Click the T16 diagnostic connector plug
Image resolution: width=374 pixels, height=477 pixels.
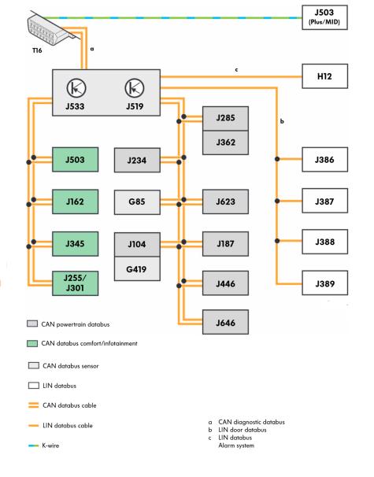coord(52,29)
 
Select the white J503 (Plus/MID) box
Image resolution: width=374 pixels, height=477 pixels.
coord(324,17)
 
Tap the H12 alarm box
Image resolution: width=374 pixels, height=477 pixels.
coord(324,76)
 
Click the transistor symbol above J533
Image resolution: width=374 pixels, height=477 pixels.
coord(76,88)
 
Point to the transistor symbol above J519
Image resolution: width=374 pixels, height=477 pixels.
coord(135,88)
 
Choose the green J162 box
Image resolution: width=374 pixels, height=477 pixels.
coord(75,202)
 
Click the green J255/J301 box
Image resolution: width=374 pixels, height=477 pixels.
coord(75,283)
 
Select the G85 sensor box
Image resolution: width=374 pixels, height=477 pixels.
coord(137,202)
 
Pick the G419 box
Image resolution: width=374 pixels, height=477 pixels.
coord(137,268)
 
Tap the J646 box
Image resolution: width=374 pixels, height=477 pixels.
coord(225,322)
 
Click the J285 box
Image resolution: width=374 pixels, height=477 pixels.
coord(225,119)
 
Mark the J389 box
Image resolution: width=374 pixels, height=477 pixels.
coord(324,283)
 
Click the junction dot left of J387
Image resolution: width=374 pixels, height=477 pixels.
coord(277,201)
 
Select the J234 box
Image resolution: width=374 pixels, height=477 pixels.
coord(137,161)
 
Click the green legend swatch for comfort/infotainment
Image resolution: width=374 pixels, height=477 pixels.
coord(32,343)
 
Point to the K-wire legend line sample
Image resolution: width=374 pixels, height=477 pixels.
coord(34,446)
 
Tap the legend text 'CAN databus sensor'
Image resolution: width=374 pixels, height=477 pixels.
coord(71,366)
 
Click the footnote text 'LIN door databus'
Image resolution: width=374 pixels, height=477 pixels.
coord(243,430)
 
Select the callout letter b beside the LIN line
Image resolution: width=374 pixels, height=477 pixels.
coord(282,121)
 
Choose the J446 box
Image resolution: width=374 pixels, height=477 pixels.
coord(225,283)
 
